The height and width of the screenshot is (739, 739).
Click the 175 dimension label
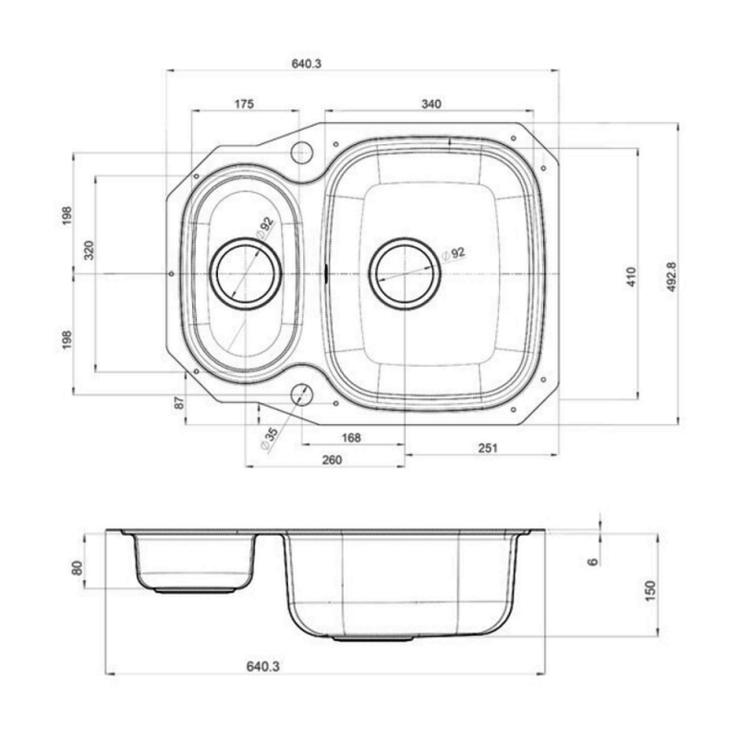(244, 103)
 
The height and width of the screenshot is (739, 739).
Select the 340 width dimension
(431, 103)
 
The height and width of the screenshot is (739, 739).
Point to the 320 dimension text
(89, 250)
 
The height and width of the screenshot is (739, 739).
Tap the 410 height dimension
(632, 276)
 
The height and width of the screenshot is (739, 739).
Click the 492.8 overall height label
(672, 276)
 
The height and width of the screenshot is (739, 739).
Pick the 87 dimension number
(178, 403)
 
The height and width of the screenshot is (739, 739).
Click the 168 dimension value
(351, 438)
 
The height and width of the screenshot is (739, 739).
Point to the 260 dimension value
(332, 460)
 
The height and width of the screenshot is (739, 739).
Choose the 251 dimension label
(488, 448)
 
